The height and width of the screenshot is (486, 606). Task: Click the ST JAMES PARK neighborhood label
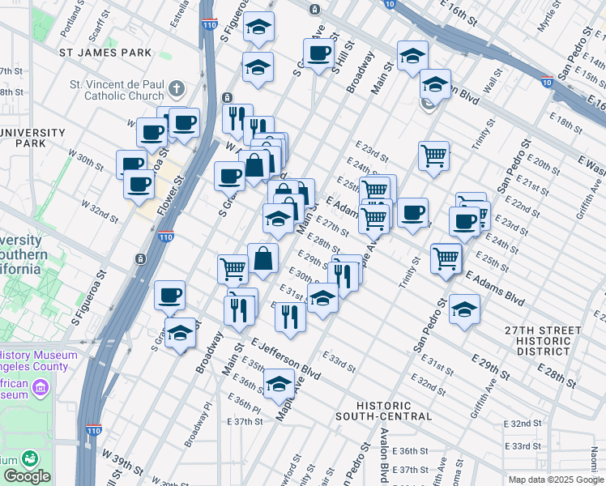pos(105,53)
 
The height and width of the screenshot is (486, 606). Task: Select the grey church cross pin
pos(177,87)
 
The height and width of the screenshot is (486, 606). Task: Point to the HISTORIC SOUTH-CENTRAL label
pos(384,411)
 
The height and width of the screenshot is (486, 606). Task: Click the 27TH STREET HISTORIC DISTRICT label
pos(542,340)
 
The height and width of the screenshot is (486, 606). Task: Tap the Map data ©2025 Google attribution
pos(555,480)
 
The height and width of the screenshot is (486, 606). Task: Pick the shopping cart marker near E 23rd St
pos(433,154)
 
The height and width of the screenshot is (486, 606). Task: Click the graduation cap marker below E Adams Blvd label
pos(464,309)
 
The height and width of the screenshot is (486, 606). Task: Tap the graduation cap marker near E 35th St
pos(278,383)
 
